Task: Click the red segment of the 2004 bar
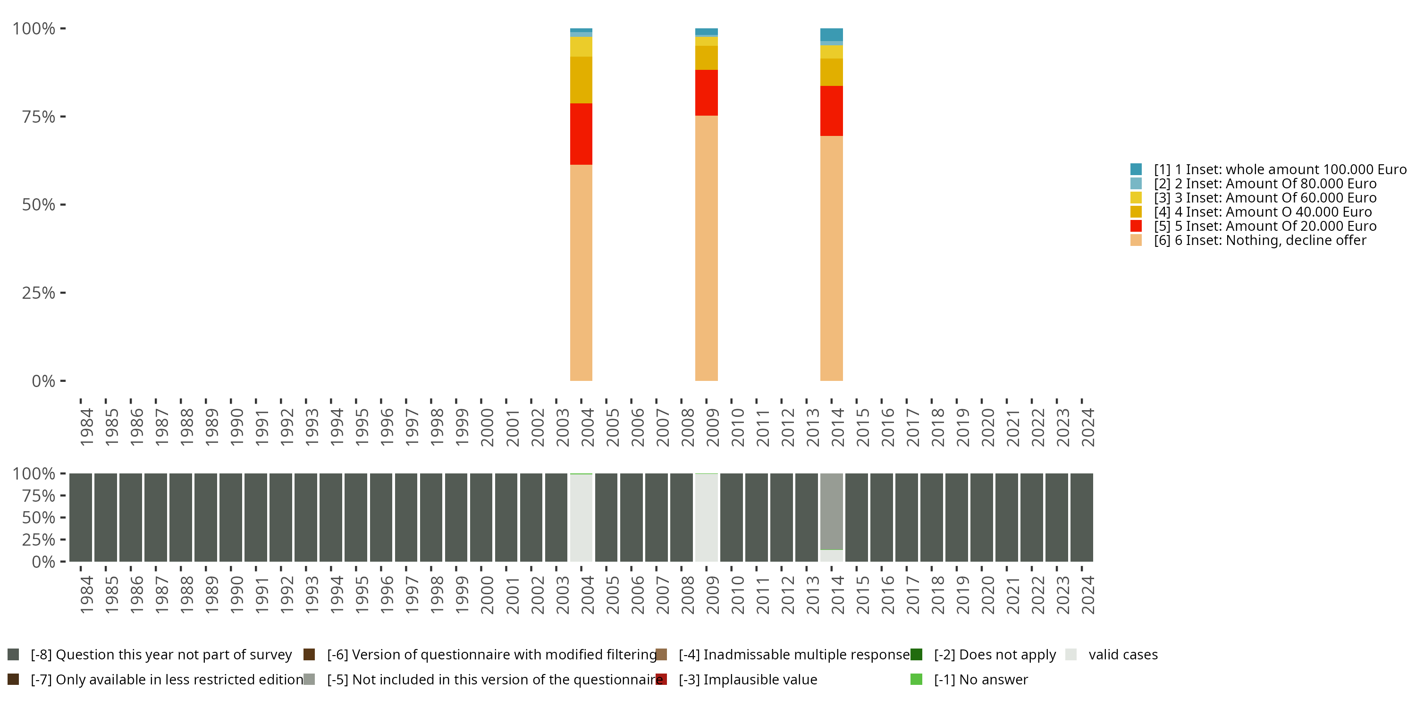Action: [581, 134]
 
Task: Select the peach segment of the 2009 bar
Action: [707, 247]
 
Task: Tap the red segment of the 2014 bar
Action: [831, 110]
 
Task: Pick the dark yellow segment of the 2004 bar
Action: [581, 80]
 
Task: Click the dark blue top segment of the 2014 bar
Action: [831, 34]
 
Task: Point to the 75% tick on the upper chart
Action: [63, 117]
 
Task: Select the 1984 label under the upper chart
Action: [86, 427]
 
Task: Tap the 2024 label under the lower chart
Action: [1087, 595]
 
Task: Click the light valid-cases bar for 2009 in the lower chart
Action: [707, 517]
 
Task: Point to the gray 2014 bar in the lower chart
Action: [831, 511]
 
